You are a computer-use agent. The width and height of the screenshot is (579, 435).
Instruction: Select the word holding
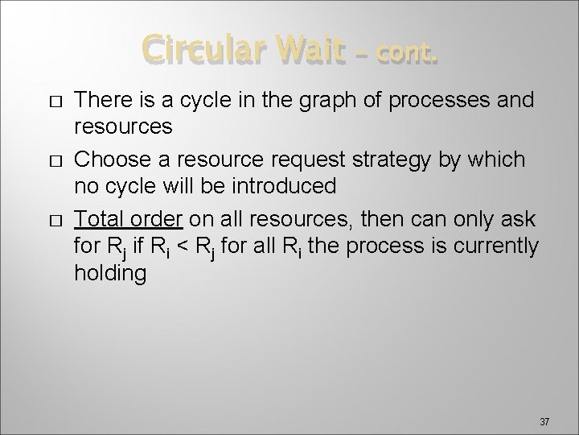(110, 274)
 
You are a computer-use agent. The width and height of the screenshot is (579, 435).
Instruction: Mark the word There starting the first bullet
(100, 99)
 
